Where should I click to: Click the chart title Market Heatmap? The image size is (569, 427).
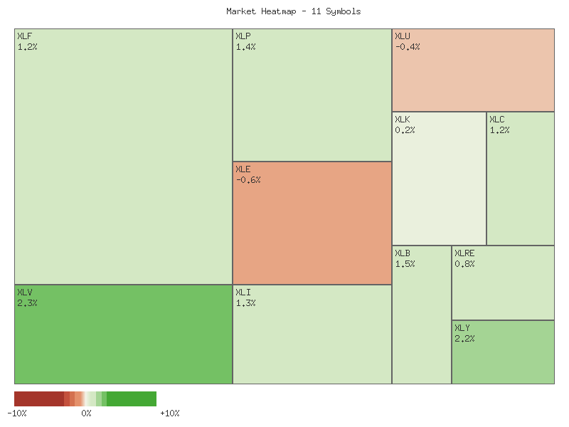click(x=293, y=11)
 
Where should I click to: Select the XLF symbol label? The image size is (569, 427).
click(x=24, y=36)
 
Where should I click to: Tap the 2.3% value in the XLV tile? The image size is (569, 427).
click(x=27, y=303)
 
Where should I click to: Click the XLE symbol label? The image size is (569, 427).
click(x=243, y=169)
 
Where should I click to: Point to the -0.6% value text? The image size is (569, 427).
click(x=248, y=180)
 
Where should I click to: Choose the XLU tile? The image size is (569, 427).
click(x=473, y=70)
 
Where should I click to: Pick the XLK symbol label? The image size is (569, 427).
click(x=403, y=120)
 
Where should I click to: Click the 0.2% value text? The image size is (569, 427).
click(x=405, y=130)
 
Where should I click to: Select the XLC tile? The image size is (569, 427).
click(x=520, y=178)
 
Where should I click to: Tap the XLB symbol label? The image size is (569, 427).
click(x=403, y=253)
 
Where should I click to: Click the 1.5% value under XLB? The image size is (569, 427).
click(x=405, y=264)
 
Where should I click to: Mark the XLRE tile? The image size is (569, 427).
click(x=503, y=283)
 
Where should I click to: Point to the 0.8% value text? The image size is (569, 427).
click(x=464, y=264)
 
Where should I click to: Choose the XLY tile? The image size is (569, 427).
click(x=503, y=352)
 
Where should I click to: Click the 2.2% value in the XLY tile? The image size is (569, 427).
click(x=464, y=339)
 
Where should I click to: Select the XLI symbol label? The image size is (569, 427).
click(x=243, y=292)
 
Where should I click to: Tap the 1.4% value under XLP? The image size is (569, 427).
click(x=245, y=47)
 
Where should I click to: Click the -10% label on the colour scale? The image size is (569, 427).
click(x=17, y=413)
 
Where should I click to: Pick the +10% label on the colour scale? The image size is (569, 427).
click(x=170, y=413)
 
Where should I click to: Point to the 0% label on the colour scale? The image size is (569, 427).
click(x=86, y=413)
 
